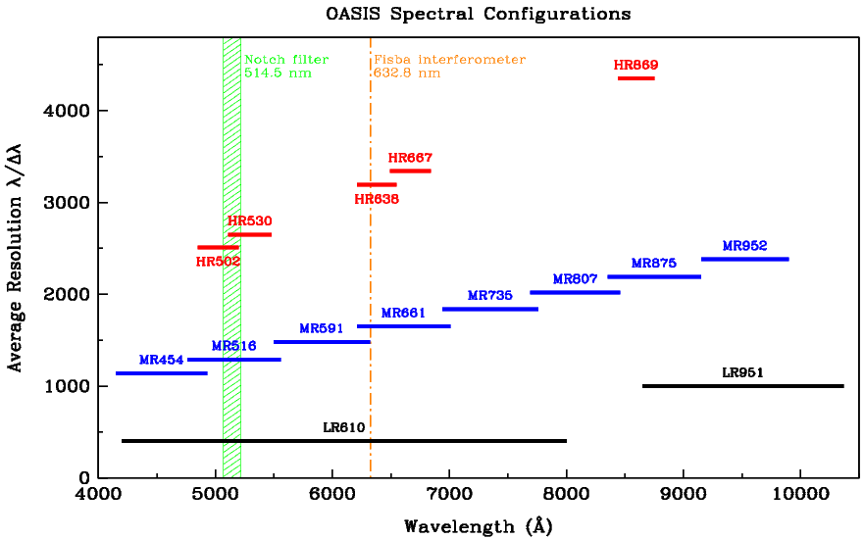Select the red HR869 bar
coord(635,77)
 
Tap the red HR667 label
coord(410,157)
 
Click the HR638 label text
coord(377,199)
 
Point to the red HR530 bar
coord(249,234)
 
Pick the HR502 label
coord(218,262)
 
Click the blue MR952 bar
coord(744,259)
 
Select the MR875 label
coord(654,264)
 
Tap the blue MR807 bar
coord(575,292)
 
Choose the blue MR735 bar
coord(490,309)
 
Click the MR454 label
coord(161,360)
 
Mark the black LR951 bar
coord(742,386)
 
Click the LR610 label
coord(344,427)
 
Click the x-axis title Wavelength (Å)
coord(479,526)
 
